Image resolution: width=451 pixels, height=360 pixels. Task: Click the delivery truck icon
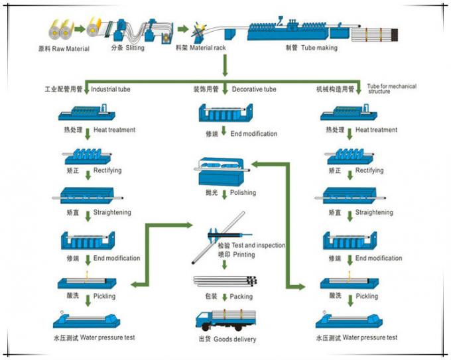(x=224, y=318)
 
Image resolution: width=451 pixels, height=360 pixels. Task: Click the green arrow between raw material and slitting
(x=79, y=29)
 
